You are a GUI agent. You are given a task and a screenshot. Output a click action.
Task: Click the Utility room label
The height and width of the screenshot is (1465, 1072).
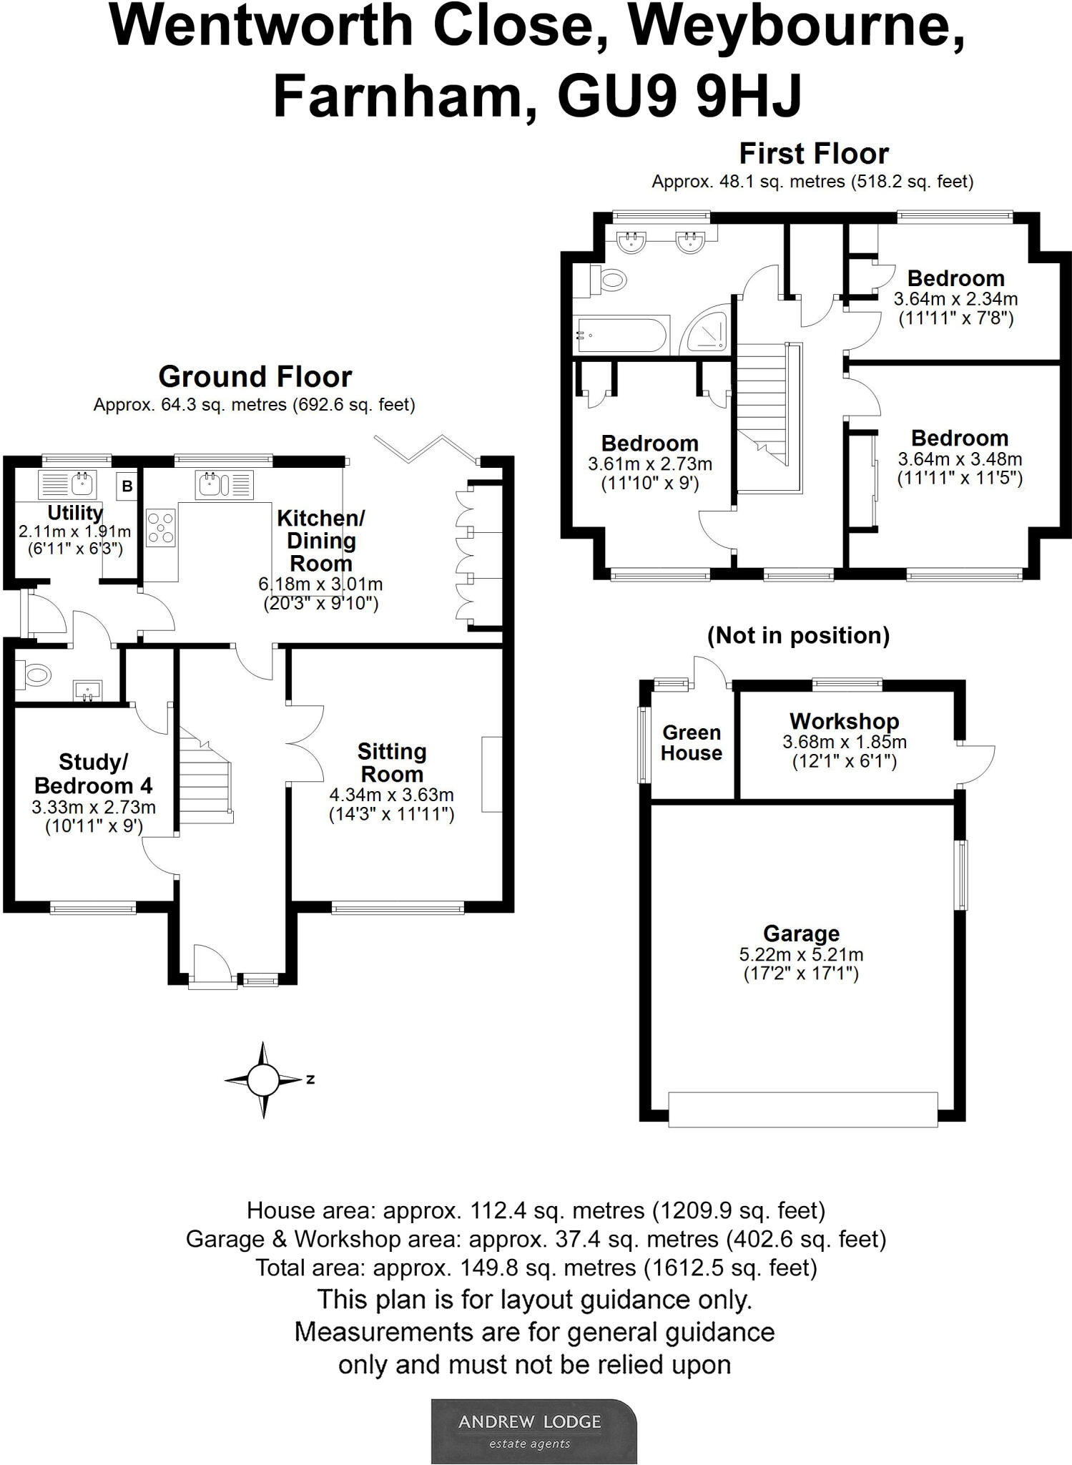(x=75, y=513)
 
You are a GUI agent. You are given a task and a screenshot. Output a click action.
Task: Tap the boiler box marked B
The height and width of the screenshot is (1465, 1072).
(x=127, y=486)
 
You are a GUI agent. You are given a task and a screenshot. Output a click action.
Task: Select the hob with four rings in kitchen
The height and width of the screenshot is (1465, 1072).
(x=161, y=528)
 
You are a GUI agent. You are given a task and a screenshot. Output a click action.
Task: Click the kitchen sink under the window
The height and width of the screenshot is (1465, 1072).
(x=211, y=484)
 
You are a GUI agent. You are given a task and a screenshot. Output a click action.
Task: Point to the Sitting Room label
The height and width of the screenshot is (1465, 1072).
(x=392, y=763)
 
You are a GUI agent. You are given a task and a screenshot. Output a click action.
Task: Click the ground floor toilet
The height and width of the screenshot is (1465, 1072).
(x=34, y=674)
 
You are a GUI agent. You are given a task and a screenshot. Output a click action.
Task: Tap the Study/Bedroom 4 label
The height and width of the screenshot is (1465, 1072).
(x=94, y=774)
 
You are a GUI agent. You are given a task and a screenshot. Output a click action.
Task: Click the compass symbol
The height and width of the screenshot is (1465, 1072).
(x=263, y=1079)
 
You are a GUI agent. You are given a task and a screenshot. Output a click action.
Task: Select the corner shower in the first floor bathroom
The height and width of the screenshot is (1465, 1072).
(x=707, y=332)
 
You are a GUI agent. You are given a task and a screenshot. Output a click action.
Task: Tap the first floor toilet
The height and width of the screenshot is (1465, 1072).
(x=607, y=279)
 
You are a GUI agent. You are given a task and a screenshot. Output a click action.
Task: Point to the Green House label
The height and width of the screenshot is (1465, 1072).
(x=692, y=743)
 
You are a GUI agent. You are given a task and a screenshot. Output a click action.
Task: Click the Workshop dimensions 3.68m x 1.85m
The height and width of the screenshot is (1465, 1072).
(x=845, y=743)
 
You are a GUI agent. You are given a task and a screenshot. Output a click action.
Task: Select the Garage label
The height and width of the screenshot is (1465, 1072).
(x=801, y=934)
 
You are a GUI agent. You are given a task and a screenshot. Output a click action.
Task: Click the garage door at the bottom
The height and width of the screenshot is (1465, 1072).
(x=802, y=1109)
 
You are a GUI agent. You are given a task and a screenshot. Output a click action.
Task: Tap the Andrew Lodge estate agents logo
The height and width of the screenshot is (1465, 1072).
(x=533, y=1431)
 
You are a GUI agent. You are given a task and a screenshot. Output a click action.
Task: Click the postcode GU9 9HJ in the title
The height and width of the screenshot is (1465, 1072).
(x=679, y=97)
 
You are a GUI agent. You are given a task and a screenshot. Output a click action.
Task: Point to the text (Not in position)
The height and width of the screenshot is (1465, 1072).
(x=798, y=635)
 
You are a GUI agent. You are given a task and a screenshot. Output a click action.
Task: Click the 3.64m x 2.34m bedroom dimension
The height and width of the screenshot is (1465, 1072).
(x=955, y=299)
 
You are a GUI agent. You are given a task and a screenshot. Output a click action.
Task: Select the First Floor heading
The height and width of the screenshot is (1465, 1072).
(x=813, y=154)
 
